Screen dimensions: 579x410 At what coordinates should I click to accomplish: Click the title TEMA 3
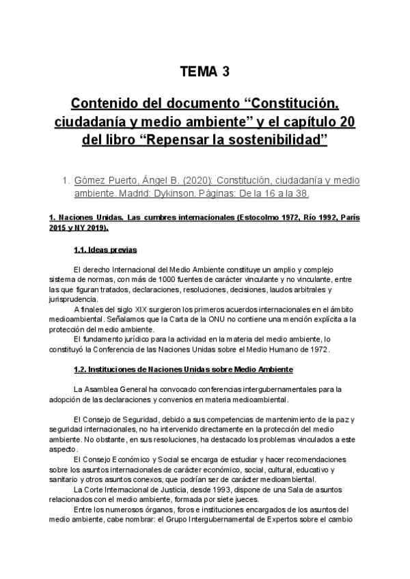click(x=204, y=72)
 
